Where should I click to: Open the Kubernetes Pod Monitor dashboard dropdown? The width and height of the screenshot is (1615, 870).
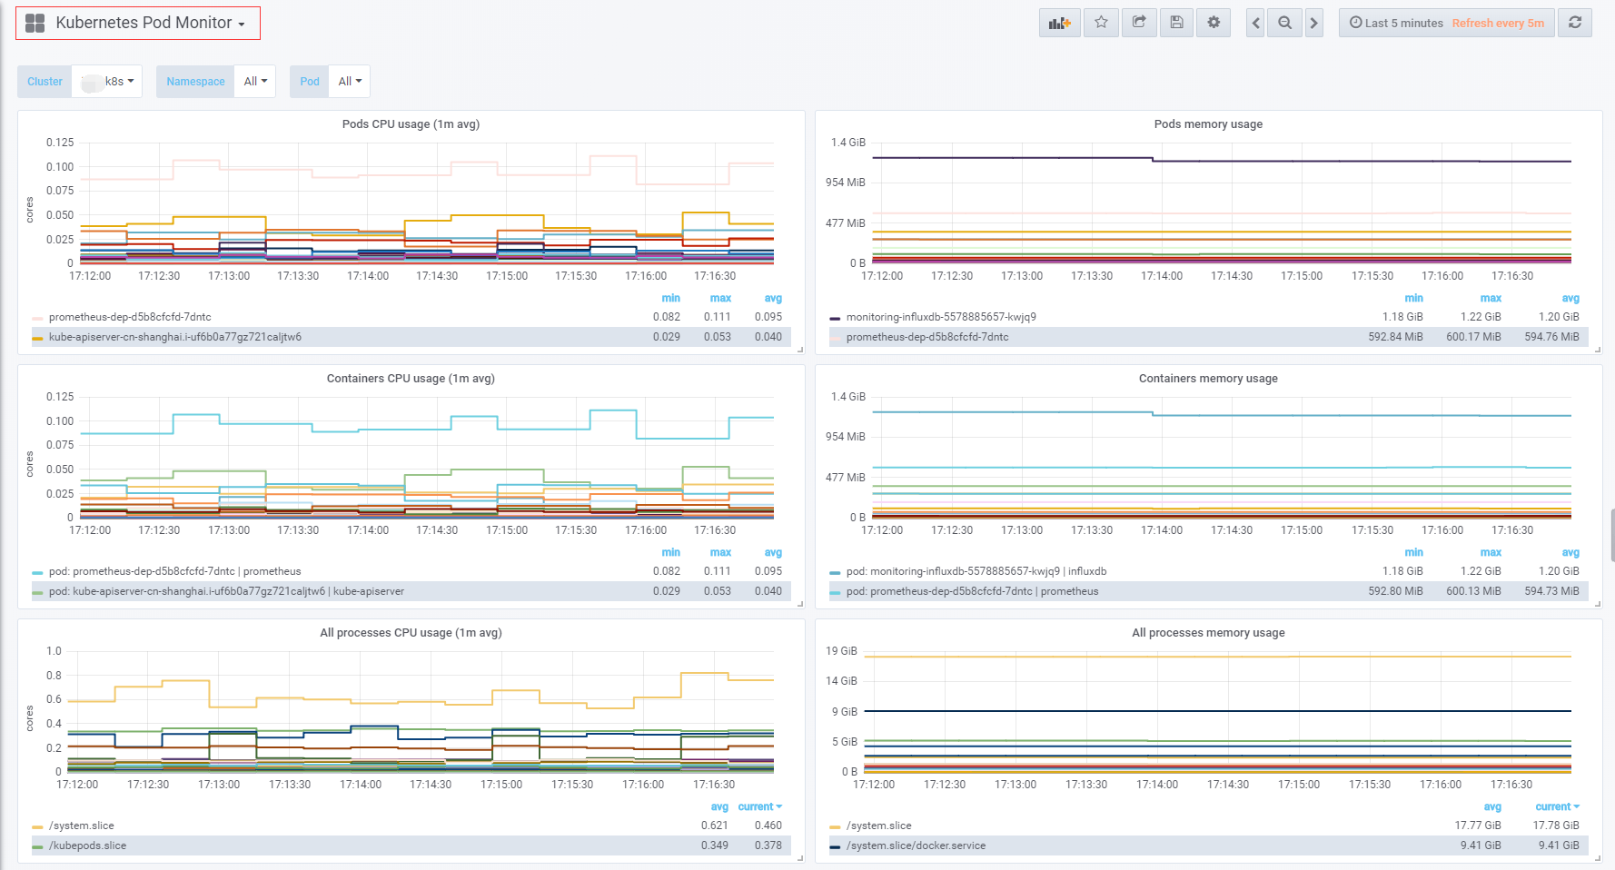[150, 23]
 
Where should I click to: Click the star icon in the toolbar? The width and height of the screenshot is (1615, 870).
[1101, 23]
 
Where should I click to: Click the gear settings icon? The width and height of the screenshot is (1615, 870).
[1214, 23]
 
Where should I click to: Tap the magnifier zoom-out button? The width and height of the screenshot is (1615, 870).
[1284, 23]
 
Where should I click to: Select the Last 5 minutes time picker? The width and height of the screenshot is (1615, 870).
[1396, 23]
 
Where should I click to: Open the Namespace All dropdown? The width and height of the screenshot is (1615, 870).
[255, 82]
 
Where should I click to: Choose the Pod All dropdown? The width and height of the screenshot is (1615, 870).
[350, 82]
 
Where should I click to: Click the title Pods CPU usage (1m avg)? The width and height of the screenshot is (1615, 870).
[411, 124]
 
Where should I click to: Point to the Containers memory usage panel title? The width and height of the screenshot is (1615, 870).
[1208, 379]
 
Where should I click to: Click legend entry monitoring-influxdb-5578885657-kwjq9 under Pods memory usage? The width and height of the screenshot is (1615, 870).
[941, 317]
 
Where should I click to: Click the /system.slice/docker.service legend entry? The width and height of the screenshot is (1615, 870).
[916, 845]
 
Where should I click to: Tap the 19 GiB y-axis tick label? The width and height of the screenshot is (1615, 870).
[841, 651]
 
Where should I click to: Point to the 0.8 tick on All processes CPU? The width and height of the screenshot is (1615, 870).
[54, 676]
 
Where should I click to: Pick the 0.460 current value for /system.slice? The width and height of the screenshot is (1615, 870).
[768, 826]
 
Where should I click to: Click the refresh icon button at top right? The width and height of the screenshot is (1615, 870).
[1575, 23]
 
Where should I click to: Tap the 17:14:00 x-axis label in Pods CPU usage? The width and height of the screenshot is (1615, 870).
[368, 276]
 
